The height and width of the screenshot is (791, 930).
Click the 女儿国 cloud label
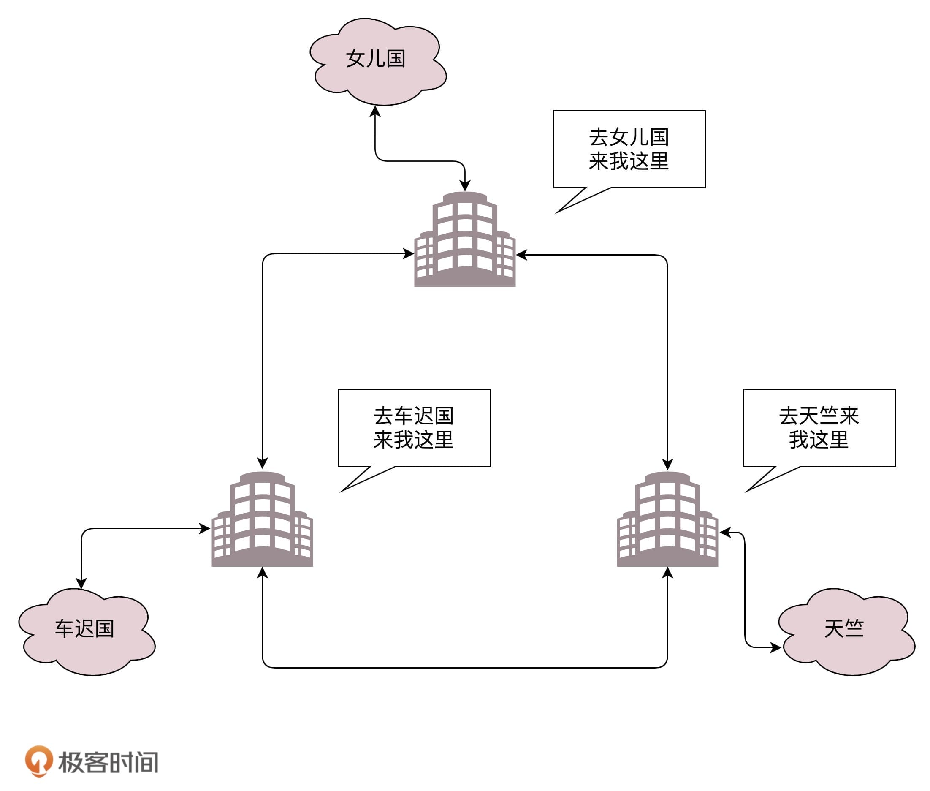[x=375, y=59]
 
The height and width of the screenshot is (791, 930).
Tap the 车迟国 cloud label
[x=84, y=628]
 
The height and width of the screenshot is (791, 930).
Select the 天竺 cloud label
[x=843, y=628]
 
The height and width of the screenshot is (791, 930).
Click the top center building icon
[x=465, y=240]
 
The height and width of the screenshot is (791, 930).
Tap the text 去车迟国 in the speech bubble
[x=413, y=416]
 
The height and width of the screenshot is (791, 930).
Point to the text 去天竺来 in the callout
[x=819, y=416]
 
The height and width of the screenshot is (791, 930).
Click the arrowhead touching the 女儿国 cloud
[x=375, y=111]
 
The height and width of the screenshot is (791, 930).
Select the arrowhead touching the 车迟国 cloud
[x=81, y=582]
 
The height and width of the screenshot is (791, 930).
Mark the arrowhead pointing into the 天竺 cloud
[x=775, y=647]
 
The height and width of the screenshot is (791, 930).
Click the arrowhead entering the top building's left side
[x=408, y=254]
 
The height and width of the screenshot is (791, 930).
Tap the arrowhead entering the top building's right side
[x=522, y=255]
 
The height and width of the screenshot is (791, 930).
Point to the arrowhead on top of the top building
[x=465, y=186]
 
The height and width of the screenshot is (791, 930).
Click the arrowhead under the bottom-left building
[x=262, y=573]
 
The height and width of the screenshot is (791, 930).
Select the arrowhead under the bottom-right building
[x=667, y=573]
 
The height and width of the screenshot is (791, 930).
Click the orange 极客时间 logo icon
[x=38, y=761]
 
